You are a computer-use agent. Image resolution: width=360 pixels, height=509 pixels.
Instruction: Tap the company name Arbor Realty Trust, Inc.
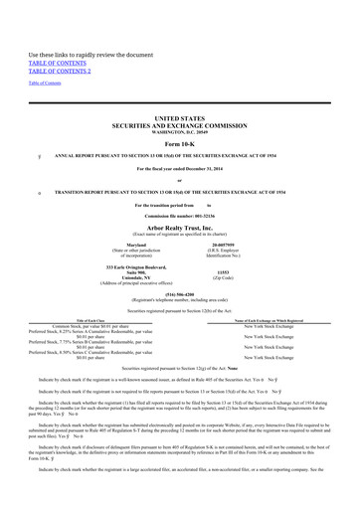179,227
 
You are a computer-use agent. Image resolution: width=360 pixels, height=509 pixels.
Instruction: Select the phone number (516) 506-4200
179,294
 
